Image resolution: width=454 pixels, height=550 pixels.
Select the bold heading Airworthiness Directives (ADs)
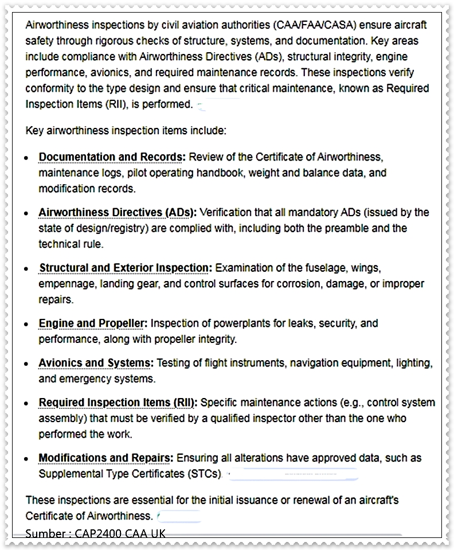click(117, 212)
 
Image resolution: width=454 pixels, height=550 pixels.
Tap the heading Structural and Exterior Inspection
click(125, 268)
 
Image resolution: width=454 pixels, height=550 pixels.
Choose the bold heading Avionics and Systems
click(96, 363)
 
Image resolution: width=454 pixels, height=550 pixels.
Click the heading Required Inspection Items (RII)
click(118, 403)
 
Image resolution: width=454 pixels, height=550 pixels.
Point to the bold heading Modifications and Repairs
click(105, 458)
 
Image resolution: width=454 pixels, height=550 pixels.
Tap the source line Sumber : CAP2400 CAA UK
click(95, 534)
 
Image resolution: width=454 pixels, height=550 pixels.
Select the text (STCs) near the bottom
click(205, 474)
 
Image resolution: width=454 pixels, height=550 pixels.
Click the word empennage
click(65, 284)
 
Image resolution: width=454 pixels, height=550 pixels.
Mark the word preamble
click(347, 228)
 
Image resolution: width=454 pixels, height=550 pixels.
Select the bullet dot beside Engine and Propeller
click(26, 325)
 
